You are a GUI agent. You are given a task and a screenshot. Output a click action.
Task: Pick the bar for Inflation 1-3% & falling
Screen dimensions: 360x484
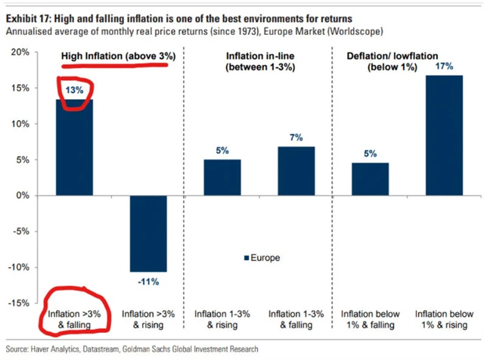pyautogui.click(x=296, y=171)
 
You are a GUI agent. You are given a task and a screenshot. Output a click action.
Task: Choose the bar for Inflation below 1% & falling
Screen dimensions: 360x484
pyautogui.click(x=369, y=178)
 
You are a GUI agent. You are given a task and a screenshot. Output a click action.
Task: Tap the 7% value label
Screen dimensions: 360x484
pyautogui.click(x=296, y=138)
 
